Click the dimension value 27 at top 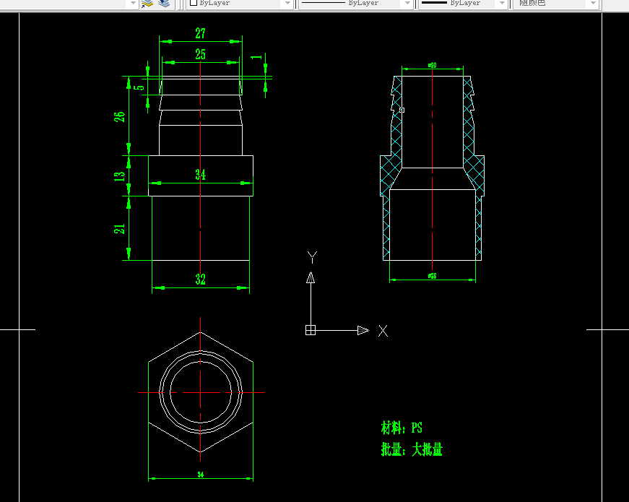(x=200, y=33)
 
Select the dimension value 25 (x=200, y=54)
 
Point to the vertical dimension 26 (x=120, y=115)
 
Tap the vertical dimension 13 (x=120, y=175)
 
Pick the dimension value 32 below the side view (x=200, y=280)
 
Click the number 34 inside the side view (x=201, y=175)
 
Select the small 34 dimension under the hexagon (x=200, y=475)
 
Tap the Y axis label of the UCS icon (x=311, y=256)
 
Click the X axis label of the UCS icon (x=383, y=331)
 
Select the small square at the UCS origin (x=311, y=330)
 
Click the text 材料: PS (x=402, y=428)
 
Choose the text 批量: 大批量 (x=412, y=450)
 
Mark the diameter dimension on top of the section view (x=432, y=65)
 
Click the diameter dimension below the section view (x=432, y=276)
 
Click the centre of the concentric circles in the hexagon (x=201, y=392)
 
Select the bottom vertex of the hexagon (x=201, y=452)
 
